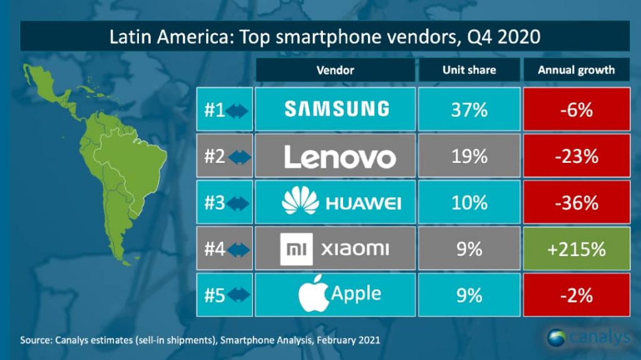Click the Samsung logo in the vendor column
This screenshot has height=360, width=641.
click(337, 109)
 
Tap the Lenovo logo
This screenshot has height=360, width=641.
click(340, 157)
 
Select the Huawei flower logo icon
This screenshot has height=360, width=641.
click(300, 200)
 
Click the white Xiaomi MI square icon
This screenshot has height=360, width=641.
click(296, 249)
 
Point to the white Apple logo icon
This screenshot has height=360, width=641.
click(314, 293)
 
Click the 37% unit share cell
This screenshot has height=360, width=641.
click(469, 109)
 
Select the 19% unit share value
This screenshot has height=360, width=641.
click(469, 157)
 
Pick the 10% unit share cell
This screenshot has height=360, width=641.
click(469, 202)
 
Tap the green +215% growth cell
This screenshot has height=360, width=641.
click(577, 249)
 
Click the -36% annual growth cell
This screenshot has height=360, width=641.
click(577, 202)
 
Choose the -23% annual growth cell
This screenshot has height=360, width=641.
click(577, 156)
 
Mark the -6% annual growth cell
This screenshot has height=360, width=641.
click(577, 109)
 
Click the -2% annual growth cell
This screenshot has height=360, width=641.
click(577, 295)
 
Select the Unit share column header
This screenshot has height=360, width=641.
click(469, 70)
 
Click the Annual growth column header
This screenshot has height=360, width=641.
click(577, 70)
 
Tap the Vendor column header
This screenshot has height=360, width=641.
click(336, 70)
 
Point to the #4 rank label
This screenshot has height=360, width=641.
click(215, 249)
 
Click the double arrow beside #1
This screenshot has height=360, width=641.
click(237, 111)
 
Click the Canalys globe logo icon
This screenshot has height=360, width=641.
click(556, 337)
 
